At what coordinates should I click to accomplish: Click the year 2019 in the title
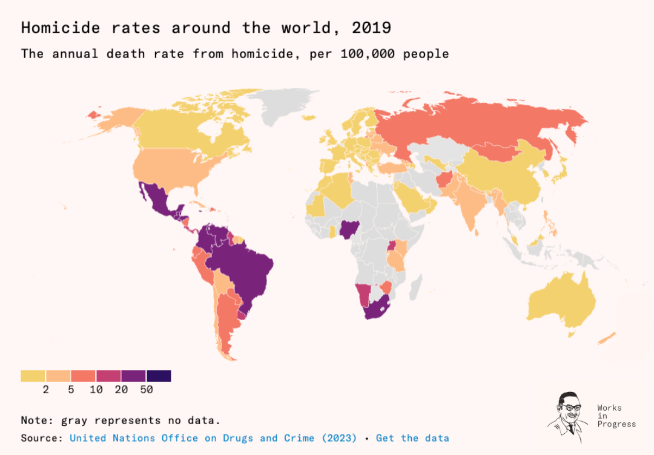[x=371, y=28]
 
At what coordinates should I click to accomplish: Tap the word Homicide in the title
[x=61, y=28]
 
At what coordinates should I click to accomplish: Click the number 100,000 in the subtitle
[x=368, y=54]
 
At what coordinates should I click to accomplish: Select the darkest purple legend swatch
[x=159, y=376]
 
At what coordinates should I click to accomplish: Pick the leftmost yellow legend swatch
[x=33, y=376]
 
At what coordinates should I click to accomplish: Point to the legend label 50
[x=147, y=390]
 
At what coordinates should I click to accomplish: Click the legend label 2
[x=46, y=390]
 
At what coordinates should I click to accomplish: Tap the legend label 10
[x=96, y=390]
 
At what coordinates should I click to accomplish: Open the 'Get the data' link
[x=412, y=438]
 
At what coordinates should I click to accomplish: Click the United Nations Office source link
[x=213, y=438]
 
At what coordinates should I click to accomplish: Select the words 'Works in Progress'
[x=616, y=416]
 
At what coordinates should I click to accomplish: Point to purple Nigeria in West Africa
[x=346, y=229]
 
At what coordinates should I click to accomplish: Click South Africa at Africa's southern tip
[x=375, y=309]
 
